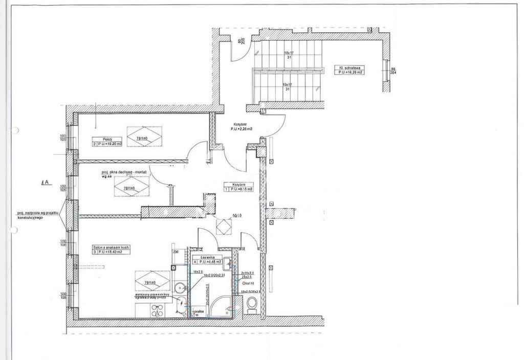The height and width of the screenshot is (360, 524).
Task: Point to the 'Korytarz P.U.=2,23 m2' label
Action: [x=238, y=127]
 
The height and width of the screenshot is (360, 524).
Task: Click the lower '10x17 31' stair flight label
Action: [x=288, y=87]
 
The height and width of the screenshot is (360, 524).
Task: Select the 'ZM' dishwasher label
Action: [x=175, y=252]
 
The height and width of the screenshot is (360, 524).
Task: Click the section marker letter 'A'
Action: [x=47, y=182]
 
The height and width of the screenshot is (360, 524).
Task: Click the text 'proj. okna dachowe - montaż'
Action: [x=125, y=173]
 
